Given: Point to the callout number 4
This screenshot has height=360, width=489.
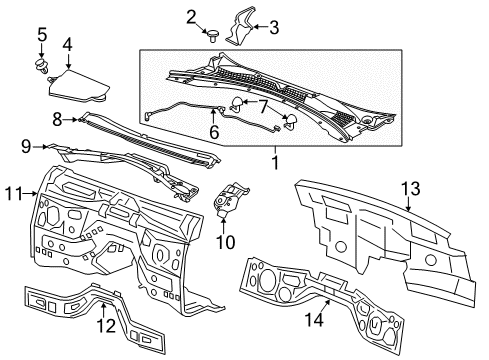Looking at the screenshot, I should pos(67,44).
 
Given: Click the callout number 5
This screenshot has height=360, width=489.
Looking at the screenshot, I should pos(41,37).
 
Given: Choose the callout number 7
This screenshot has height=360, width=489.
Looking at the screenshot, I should pos(262,106).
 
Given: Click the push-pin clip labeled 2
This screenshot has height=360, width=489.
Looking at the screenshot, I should pos(213,35).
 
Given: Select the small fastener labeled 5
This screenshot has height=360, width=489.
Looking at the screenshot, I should pos(41,69).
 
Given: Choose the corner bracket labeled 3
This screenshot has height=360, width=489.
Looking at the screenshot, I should pos(238,30).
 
